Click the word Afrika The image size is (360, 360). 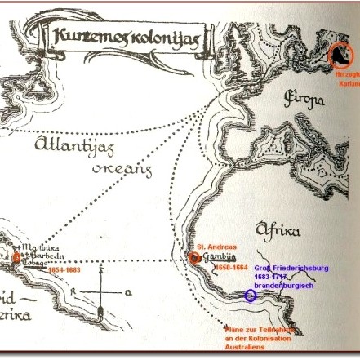point(278,230)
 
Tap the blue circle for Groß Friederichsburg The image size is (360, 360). point(251,295)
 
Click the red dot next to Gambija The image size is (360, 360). point(195,258)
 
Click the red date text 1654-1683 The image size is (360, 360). point(64,269)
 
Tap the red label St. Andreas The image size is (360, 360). point(217,246)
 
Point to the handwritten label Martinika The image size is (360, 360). point(40,248)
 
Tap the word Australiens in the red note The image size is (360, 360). point(245,347)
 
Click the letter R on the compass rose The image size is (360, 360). point(73,290)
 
